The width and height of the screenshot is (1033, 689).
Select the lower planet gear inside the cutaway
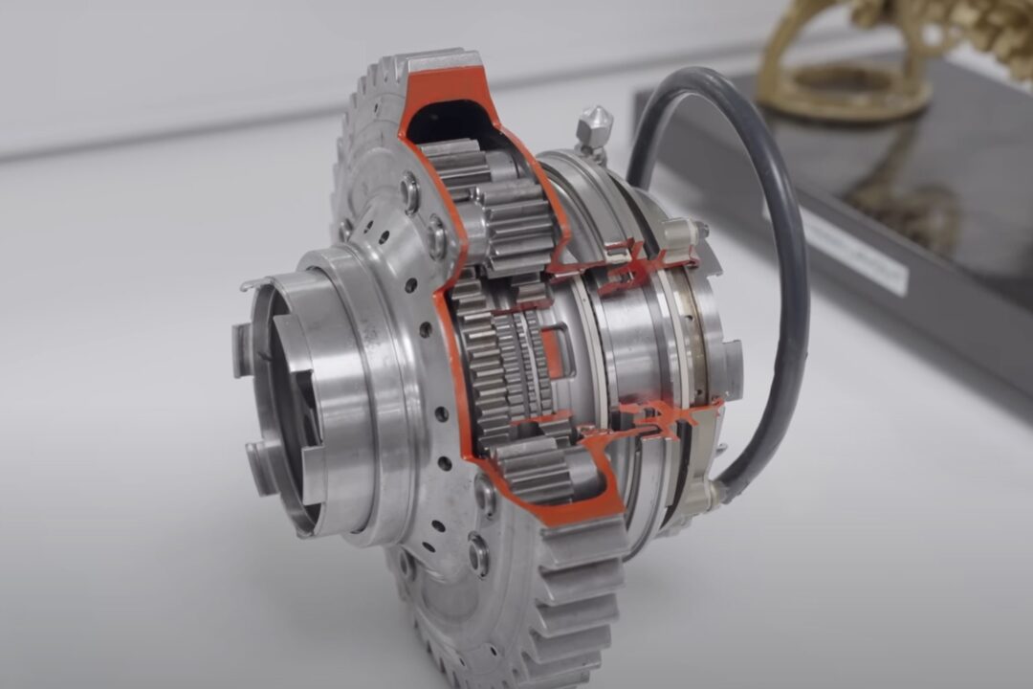(536, 469)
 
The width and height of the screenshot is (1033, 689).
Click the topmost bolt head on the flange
(410, 190)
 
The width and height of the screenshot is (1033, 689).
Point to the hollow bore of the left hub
(287, 402)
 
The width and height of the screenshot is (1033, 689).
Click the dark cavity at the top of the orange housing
(450, 115)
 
